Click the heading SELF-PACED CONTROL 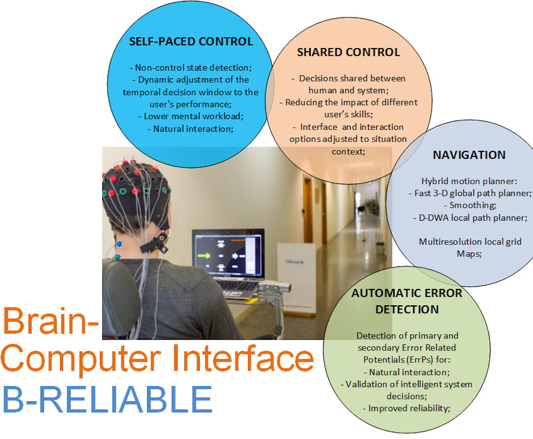(x=191, y=42)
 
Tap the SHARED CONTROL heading (x=348, y=52)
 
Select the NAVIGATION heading (x=469, y=155)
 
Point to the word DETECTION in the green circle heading (x=407, y=309)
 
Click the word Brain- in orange (x=51, y=322)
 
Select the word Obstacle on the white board (x=295, y=262)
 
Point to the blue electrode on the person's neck (x=119, y=244)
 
